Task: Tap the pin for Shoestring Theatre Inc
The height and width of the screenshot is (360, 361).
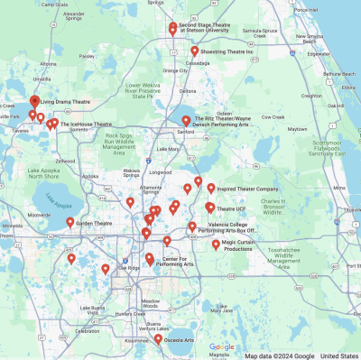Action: [x=194, y=51]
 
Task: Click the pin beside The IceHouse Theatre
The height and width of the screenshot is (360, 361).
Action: [x=55, y=123]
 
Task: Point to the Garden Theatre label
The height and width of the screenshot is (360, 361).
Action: [x=94, y=222]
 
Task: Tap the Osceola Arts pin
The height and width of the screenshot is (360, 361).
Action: [x=158, y=339]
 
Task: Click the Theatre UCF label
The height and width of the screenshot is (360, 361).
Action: [x=232, y=209]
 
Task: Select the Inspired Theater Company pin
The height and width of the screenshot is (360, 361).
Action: [x=211, y=189]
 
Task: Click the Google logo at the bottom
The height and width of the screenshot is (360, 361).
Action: [x=221, y=346]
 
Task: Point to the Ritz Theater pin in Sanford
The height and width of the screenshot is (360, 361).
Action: [x=186, y=120]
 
